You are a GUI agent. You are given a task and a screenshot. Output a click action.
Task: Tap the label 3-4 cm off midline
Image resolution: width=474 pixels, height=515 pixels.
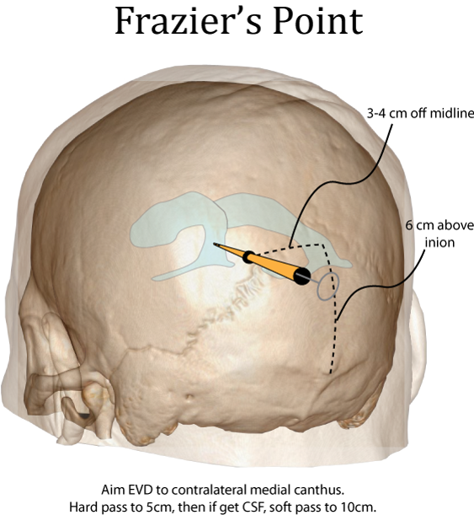[x=420, y=114]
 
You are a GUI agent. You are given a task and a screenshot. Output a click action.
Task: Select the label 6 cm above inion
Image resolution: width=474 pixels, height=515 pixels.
[x=439, y=233]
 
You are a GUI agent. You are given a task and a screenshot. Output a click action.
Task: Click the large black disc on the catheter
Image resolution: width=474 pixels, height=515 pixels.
[x=301, y=276]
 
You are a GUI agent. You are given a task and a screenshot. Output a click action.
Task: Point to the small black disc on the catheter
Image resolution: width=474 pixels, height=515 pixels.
[x=249, y=257]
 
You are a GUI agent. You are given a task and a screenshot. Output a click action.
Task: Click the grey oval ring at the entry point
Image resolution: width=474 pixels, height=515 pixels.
[x=328, y=286]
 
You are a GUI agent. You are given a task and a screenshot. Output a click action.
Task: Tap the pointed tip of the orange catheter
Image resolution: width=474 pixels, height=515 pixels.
[x=214, y=244]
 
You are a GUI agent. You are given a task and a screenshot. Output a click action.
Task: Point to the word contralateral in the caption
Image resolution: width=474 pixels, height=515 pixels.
[x=209, y=490]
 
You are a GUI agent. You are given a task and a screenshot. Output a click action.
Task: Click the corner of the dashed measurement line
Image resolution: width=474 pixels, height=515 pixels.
[x=323, y=244]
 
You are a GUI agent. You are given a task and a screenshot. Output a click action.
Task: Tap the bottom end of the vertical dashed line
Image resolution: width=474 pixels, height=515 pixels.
[x=331, y=373]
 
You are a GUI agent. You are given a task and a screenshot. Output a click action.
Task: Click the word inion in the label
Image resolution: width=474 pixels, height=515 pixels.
[x=439, y=243]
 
